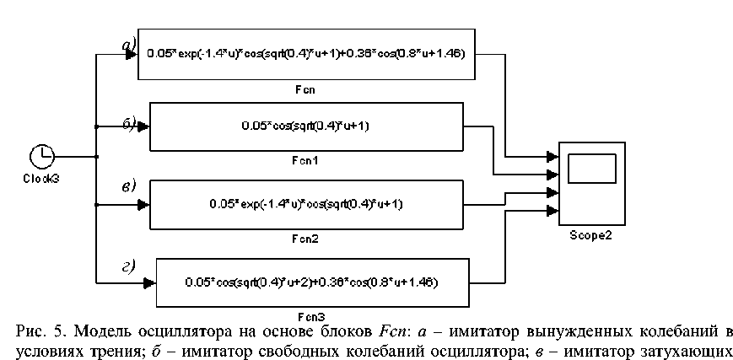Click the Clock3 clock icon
[42, 156]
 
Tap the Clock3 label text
[41, 178]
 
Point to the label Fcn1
[306, 160]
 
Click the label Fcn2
[306, 238]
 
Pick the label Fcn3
[313, 317]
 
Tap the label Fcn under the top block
[306, 87]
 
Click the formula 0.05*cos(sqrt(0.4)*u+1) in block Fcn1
[306, 126]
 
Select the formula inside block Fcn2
[307, 204]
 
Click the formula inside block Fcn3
[313, 282]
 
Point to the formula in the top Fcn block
[306, 54]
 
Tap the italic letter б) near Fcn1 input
[131, 125]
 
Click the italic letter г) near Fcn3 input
[129, 268]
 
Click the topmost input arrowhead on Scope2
[552, 156]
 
